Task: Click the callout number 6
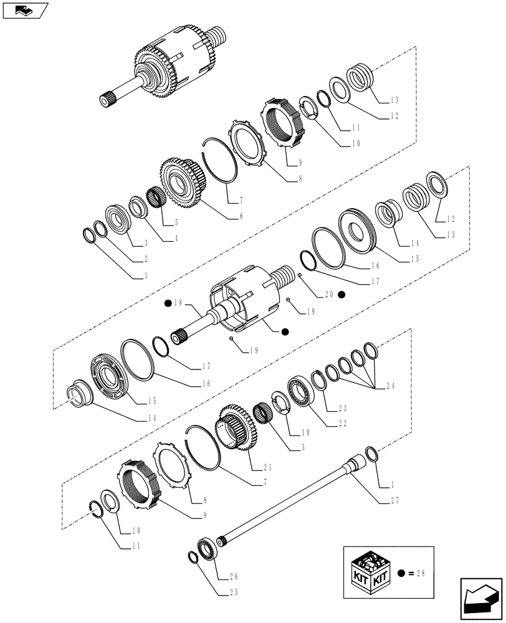241,216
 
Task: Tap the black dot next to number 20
341,294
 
